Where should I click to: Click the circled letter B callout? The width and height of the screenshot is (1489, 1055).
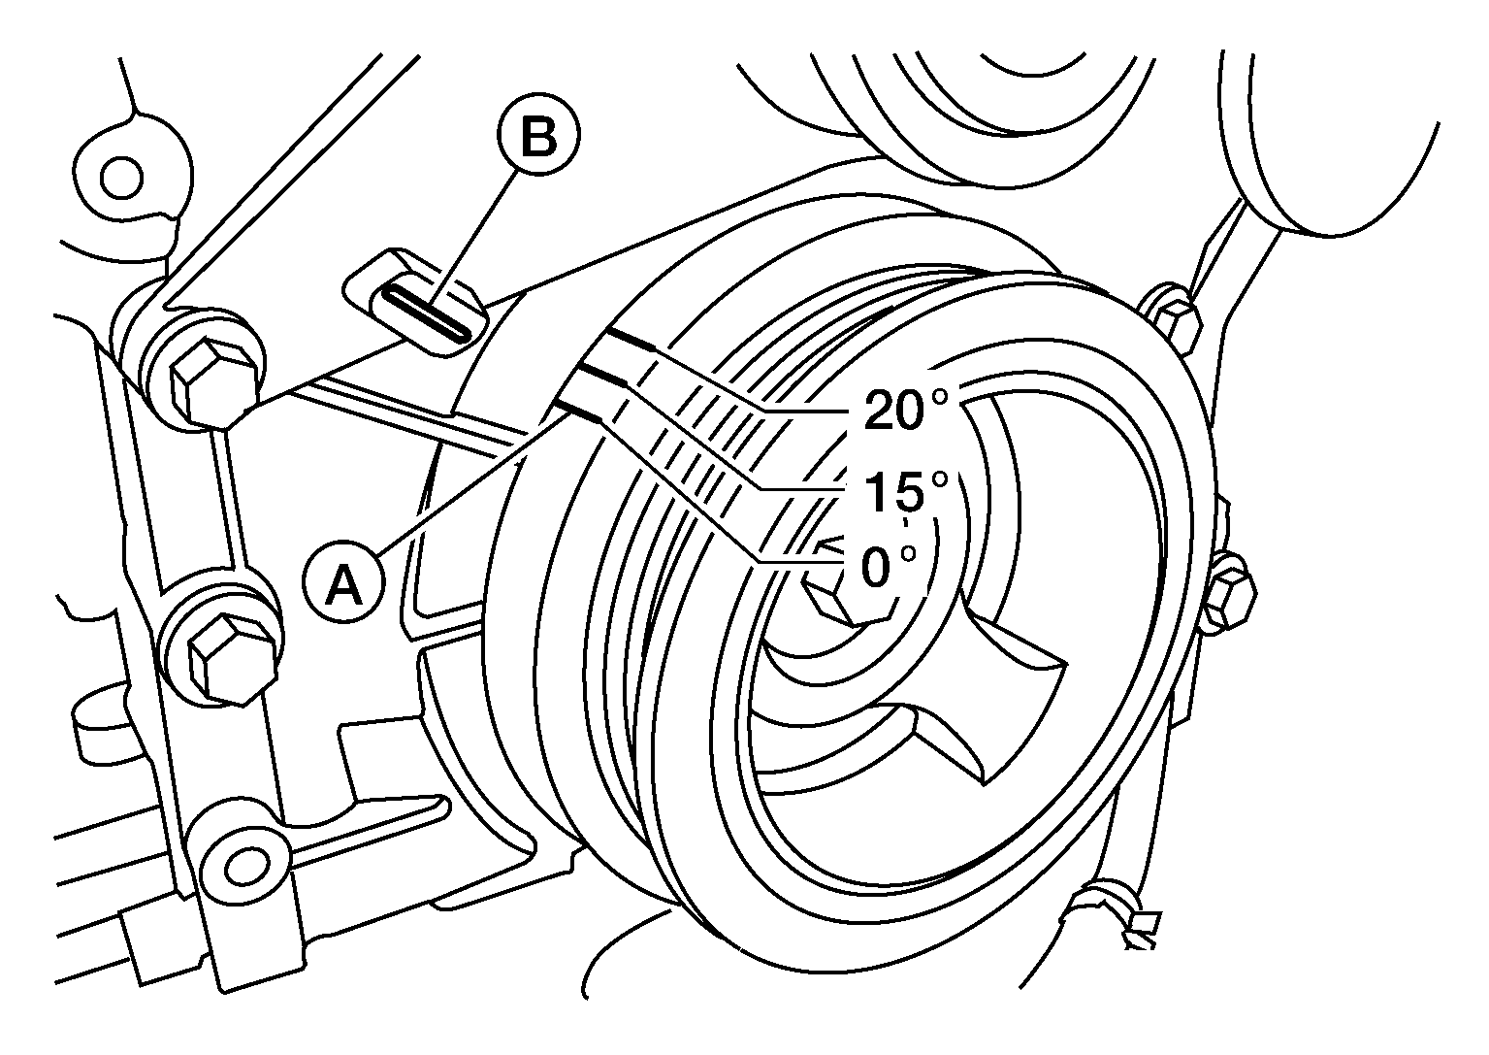coord(538,135)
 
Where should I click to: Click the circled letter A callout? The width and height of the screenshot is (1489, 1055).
coord(343,583)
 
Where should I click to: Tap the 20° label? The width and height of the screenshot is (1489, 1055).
coord(905,409)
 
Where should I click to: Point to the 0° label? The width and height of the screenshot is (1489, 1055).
coord(888,567)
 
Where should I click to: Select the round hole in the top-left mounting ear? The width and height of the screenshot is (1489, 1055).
coord(121,179)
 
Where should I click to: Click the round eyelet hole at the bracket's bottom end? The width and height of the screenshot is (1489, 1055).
coord(246,866)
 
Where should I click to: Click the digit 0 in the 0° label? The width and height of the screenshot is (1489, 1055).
coord(875,568)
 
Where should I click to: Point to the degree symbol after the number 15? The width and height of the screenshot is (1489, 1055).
coord(939,478)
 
